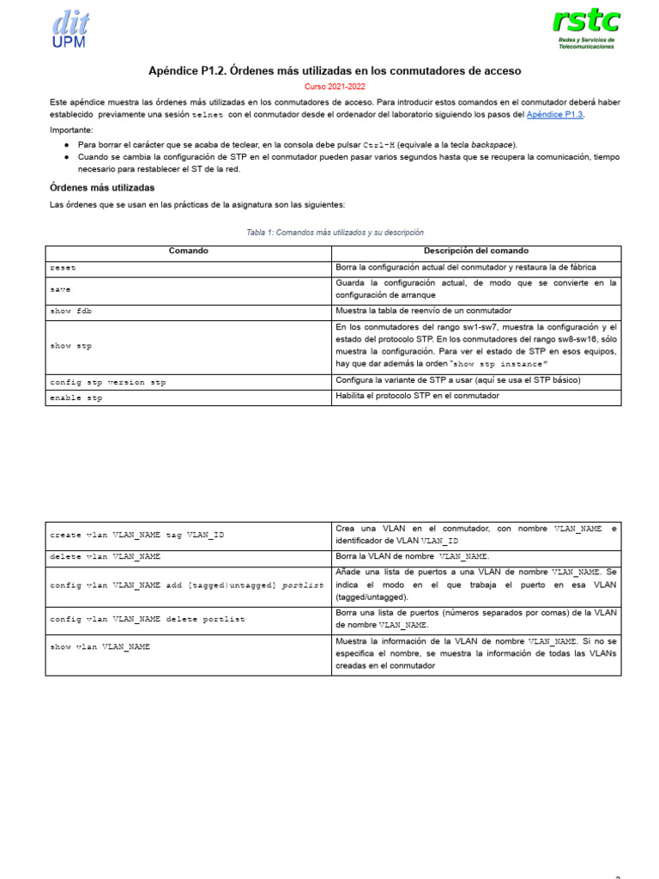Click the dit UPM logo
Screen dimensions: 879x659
[70, 28]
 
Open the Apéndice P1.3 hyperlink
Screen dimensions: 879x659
[554, 114]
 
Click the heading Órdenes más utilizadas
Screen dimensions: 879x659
[102, 187]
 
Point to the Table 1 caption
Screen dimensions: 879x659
[335, 233]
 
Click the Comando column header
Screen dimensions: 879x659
[188, 252]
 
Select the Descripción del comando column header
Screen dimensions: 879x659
[475, 252]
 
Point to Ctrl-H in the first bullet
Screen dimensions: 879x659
[378, 145]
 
